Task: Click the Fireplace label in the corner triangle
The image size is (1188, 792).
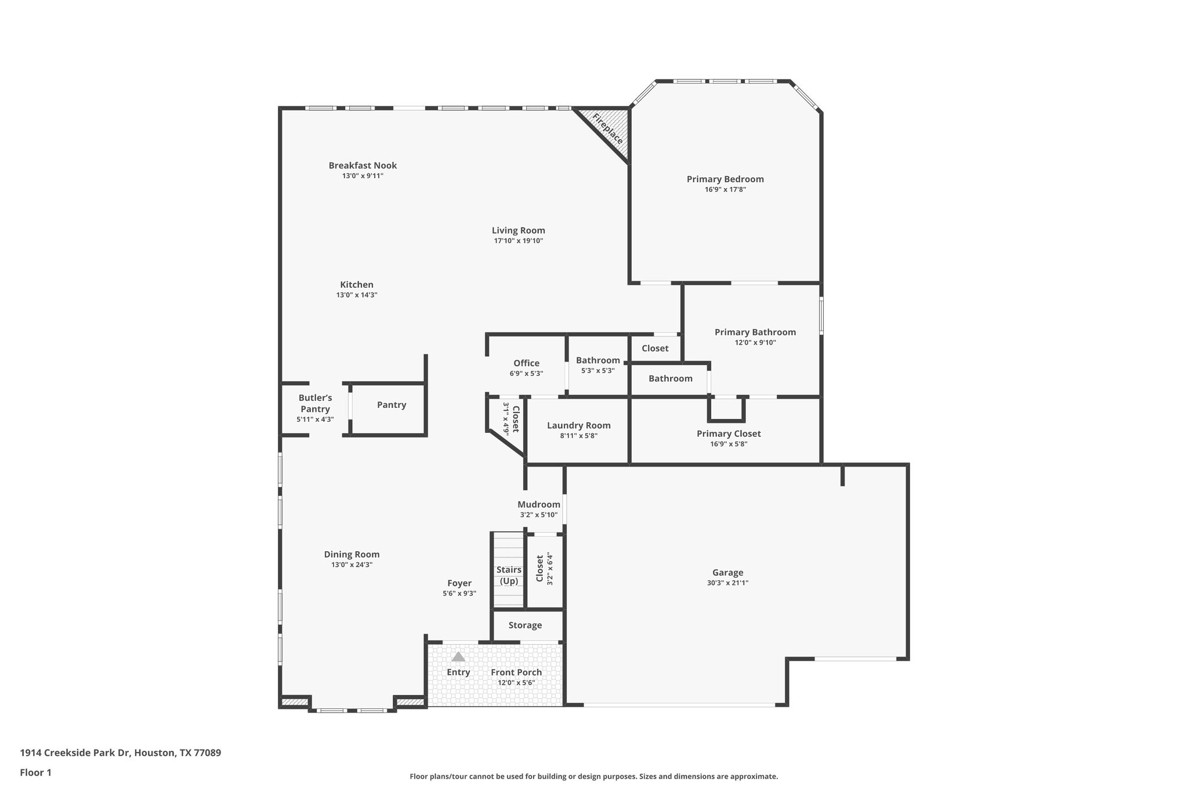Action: point(607,129)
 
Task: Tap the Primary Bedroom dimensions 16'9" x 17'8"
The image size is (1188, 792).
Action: point(725,189)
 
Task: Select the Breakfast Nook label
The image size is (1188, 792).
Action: point(363,165)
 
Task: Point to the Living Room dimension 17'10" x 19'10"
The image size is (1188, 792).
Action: point(518,241)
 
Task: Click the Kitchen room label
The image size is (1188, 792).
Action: point(357,285)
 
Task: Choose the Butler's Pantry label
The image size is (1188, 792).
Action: point(315,403)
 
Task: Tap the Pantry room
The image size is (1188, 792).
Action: point(392,405)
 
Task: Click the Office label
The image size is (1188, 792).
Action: point(526,363)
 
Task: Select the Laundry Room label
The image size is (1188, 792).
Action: point(578,425)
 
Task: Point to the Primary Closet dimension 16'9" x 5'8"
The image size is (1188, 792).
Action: point(729,444)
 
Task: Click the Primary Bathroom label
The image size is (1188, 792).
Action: point(755,332)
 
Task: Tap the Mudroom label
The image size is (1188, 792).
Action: point(539,504)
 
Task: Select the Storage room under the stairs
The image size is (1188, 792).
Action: point(525,625)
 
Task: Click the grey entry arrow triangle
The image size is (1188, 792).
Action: point(458,657)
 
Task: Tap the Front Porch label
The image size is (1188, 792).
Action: point(516,672)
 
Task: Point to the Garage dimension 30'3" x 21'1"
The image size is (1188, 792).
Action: point(727,583)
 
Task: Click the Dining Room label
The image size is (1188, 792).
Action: point(352,554)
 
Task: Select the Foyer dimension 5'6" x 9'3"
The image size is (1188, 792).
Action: point(459,594)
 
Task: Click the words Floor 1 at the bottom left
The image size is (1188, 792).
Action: point(36,772)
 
